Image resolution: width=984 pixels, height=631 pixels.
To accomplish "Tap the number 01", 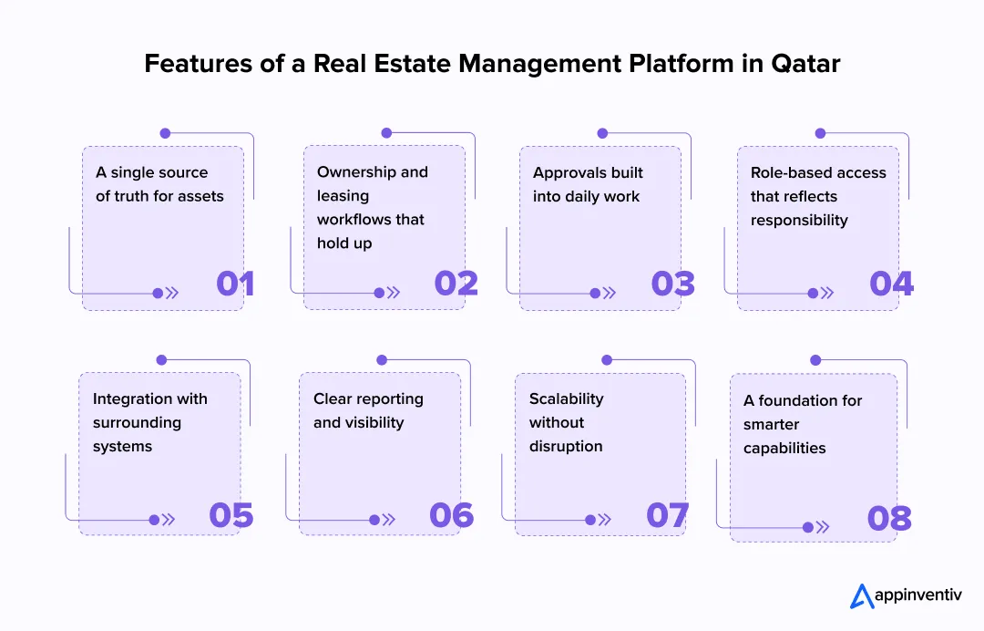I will [235, 284].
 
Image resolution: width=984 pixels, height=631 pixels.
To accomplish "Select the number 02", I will [456, 284].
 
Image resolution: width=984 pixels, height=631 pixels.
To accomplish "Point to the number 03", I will [672, 284].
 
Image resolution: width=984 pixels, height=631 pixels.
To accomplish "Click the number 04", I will [891, 284].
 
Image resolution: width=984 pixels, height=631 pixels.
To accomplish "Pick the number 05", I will [231, 515].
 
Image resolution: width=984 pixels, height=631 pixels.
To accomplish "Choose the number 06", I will [451, 515].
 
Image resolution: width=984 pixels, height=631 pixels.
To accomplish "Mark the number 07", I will [668, 515].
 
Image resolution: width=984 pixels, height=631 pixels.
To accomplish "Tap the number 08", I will [889, 519].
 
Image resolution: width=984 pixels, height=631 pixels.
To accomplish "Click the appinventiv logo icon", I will [862, 595].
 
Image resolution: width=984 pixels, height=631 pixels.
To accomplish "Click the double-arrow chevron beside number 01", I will [171, 294].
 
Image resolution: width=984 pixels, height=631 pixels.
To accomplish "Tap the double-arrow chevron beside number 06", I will [389, 520].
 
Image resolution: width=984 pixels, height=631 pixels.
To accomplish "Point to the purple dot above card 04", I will [820, 133].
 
